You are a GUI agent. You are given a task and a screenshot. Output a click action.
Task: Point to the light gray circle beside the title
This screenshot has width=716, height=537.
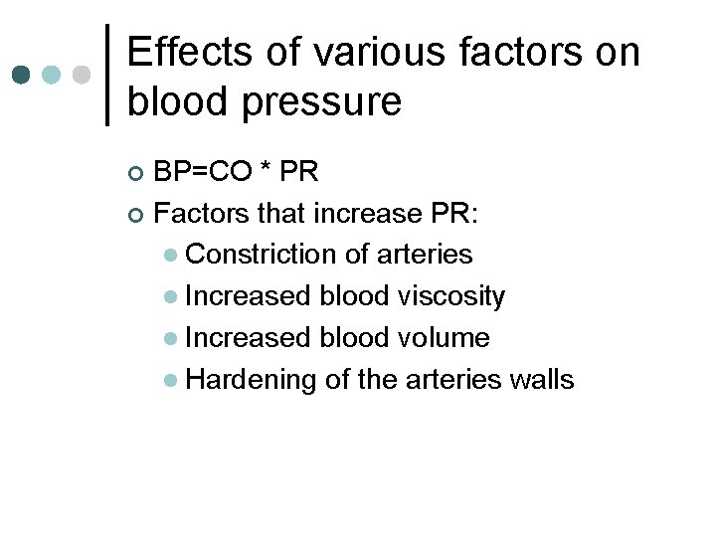click(x=83, y=76)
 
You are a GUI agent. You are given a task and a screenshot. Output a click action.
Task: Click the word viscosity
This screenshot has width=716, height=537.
click(x=452, y=296)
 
